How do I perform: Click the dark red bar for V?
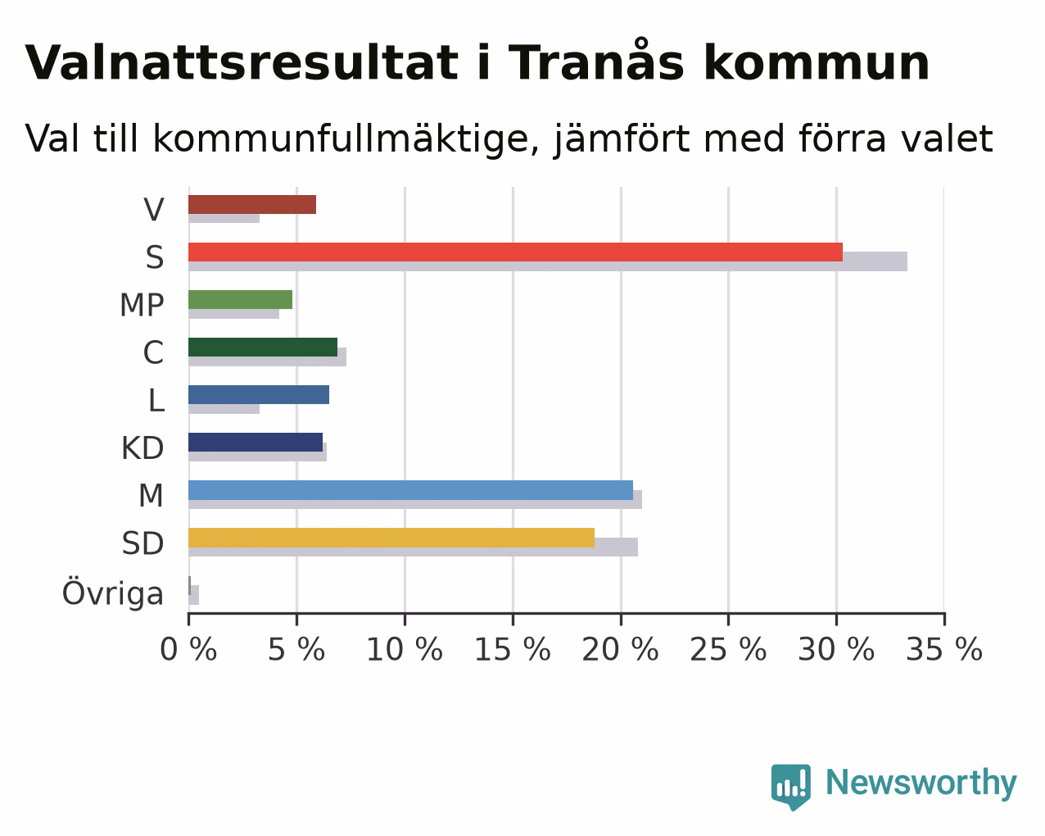252,205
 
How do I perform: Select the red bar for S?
515,252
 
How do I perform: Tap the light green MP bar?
241,299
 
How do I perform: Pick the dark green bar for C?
263,347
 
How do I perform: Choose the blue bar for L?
259,395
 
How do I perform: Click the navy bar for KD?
256,443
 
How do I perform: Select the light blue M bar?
411,490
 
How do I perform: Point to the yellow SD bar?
391,538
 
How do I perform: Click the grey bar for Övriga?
194,595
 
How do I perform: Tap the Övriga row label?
113,593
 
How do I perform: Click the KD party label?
142,448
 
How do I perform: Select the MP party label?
142,305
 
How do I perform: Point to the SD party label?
142,543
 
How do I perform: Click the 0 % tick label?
188,649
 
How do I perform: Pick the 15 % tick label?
513,649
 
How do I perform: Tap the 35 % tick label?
944,649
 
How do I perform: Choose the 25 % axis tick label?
728,649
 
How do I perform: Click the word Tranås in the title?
596,61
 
